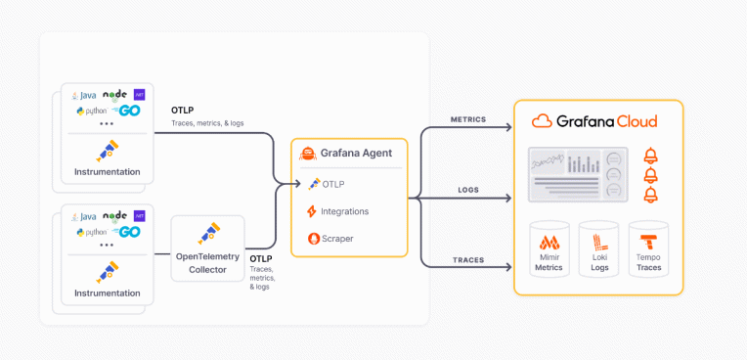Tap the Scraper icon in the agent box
click(x=314, y=238)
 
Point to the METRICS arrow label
click(x=467, y=119)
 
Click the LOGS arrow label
click(x=467, y=190)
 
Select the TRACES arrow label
click(x=467, y=259)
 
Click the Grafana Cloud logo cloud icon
click(x=543, y=121)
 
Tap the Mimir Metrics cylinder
click(x=549, y=248)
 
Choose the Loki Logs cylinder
click(x=598, y=248)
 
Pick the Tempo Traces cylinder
click(x=648, y=248)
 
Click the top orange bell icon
click(x=650, y=157)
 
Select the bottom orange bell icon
click(x=650, y=195)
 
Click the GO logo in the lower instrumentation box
click(x=128, y=232)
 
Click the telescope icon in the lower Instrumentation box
click(x=107, y=270)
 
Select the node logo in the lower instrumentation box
click(x=115, y=215)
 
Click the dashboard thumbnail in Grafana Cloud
click(x=577, y=174)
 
